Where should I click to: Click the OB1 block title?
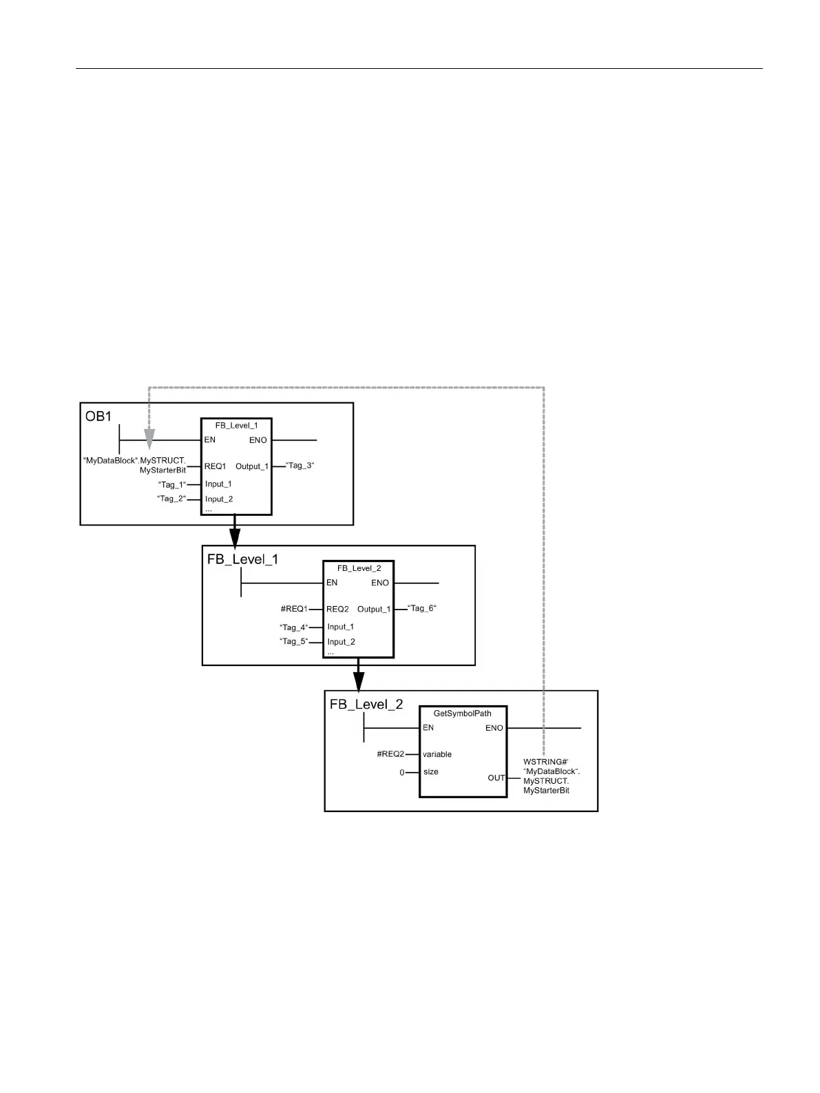point(98,417)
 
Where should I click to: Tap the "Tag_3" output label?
point(299,466)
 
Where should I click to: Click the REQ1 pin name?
point(215,466)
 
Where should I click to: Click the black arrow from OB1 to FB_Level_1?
point(234,534)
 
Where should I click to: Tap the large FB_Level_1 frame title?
point(242,559)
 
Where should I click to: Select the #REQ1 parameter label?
point(294,609)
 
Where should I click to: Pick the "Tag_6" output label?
point(422,608)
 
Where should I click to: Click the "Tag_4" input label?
point(294,627)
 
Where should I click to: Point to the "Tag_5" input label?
point(294,641)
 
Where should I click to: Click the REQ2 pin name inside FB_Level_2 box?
point(337,609)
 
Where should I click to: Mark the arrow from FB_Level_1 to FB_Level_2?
point(357,678)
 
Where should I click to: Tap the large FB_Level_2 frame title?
point(366,705)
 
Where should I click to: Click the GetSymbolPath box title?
point(463,714)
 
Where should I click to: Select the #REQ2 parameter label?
point(390,754)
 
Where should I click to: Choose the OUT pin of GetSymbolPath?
point(496,778)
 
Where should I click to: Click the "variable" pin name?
point(437,754)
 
